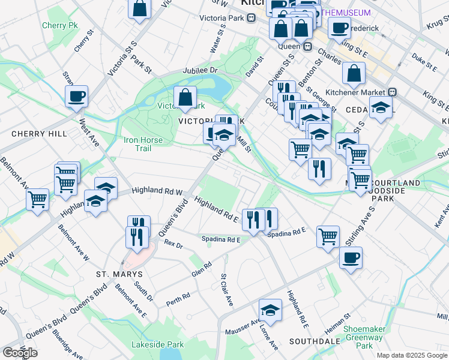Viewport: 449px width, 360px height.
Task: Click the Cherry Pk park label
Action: click(60, 26)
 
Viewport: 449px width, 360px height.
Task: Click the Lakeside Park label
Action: click(157, 344)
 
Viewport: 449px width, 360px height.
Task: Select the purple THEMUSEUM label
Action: click(346, 12)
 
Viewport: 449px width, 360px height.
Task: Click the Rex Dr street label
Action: click(173, 244)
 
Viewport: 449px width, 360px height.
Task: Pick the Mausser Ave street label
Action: click(242, 327)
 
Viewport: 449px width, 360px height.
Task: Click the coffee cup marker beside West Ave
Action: click(77, 96)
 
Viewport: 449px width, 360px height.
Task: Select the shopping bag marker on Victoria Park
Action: click(185, 97)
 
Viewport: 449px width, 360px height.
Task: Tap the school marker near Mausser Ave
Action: click(270, 311)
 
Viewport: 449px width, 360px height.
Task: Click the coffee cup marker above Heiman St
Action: click(351, 259)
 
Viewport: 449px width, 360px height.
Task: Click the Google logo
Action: click(20, 353)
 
